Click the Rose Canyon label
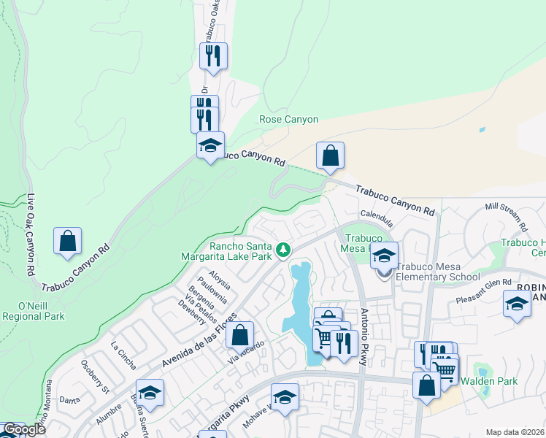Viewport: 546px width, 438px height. [289, 119]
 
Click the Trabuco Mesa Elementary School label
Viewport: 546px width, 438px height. [438, 272]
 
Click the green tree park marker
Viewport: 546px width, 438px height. [283, 251]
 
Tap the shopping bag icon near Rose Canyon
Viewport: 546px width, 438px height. [330, 155]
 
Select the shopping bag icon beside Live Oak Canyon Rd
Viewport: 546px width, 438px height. [67, 242]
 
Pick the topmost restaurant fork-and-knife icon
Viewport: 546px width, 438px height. [213, 55]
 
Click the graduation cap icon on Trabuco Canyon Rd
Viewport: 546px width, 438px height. [210, 145]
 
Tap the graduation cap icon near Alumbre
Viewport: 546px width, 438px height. [150, 393]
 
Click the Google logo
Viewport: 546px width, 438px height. [23, 430]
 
